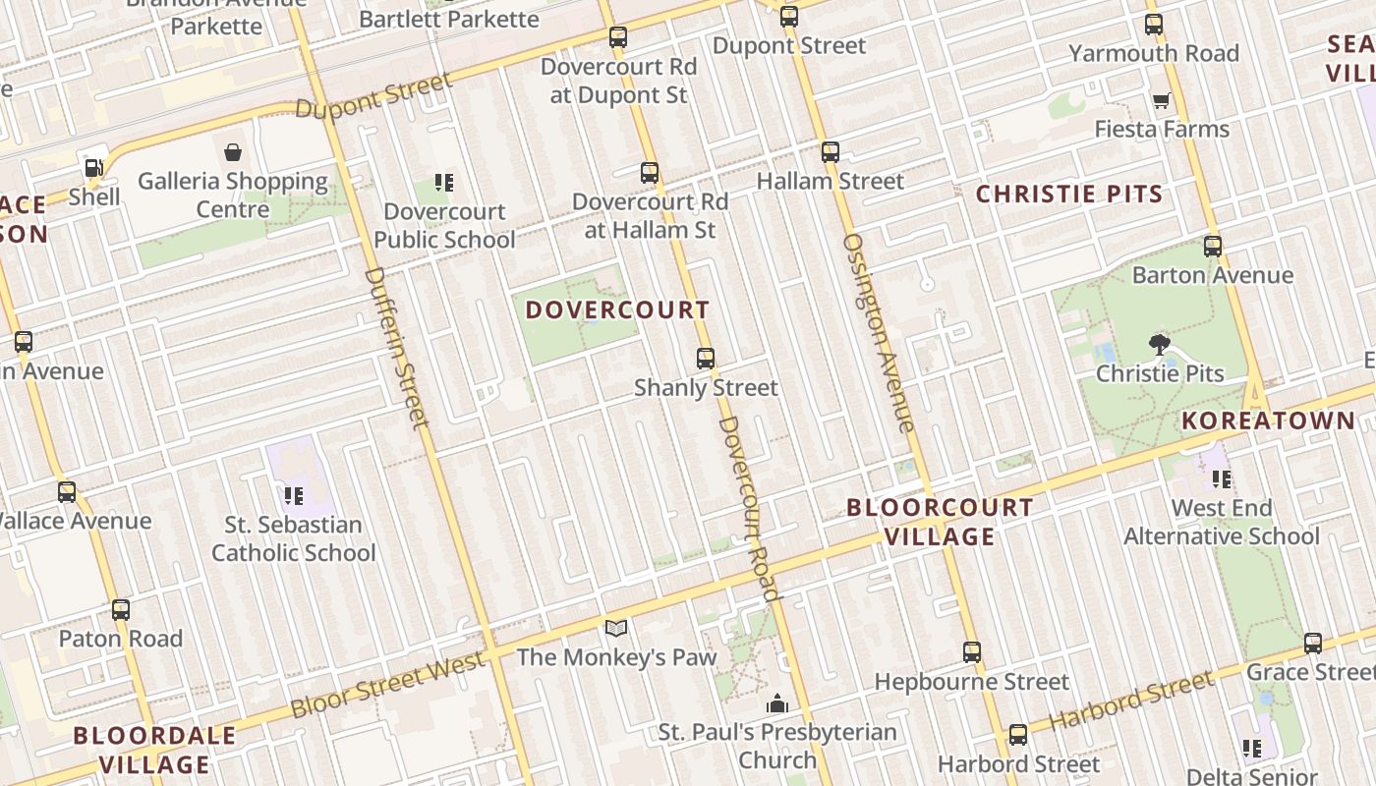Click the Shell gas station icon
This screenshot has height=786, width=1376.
pyautogui.click(x=93, y=168)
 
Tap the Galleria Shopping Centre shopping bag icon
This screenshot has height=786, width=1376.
pyautogui.click(x=233, y=151)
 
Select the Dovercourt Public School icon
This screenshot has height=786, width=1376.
pyautogui.click(x=444, y=183)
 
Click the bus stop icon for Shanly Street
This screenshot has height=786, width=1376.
pyautogui.click(x=705, y=359)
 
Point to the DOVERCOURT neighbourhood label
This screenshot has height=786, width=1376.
pyautogui.click(x=617, y=309)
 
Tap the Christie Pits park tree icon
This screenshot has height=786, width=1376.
pyautogui.click(x=1160, y=344)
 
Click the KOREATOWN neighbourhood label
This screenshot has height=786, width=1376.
pyautogui.click(x=1268, y=421)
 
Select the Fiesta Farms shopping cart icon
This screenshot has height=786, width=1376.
pyautogui.click(x=1161, y=100)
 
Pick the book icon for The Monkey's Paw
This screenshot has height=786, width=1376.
pyautogui.click(x=616, y=628)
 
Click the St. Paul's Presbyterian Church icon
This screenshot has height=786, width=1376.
pyautogui.click(x=777, y=703)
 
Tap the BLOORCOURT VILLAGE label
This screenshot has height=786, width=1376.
pyautogui.click(x=940, y=522)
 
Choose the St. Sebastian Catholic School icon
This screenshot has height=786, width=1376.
pyautogui.click(x=293, y=495)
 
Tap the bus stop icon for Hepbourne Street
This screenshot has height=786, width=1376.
pyautogui.click(x=971, y=652)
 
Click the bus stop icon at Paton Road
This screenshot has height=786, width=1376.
pyautogui.click(x=121, y=609)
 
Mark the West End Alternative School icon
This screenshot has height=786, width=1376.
pyautogui.click(x=1222, y=478)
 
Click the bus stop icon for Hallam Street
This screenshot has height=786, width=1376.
pyautogui.click(x=831, y=151)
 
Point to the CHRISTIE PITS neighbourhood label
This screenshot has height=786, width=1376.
pyautogui.click(x=1069, y=194)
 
